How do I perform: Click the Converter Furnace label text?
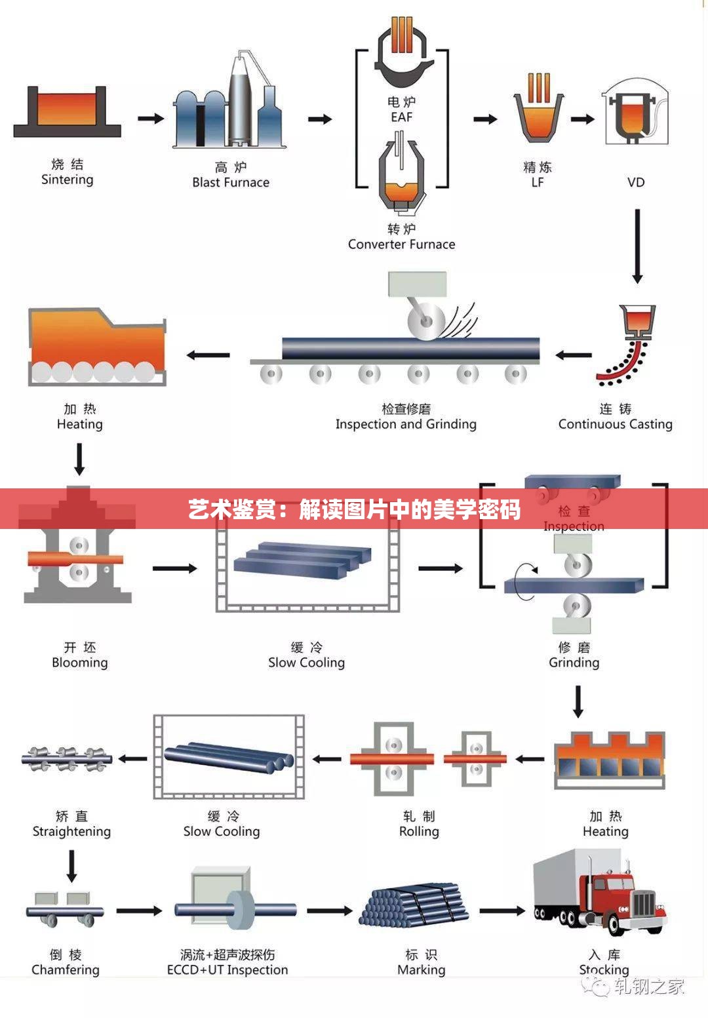click(x=401, y=244)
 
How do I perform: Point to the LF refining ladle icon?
click(x=538, y=108)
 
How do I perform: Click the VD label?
click(x=636, y=182)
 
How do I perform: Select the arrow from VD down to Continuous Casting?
click(x=637, y=246)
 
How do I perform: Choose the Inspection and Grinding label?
click(x=406, y=424)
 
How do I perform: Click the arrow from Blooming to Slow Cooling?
click(x=174, y=568)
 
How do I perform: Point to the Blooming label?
click(x=79, y=662)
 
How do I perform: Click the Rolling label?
click(x=419, y=831)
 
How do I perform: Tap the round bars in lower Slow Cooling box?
click(x=228, y=757)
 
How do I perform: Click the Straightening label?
click(x=71, y=831)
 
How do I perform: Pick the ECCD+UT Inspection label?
click(x=227, y=969)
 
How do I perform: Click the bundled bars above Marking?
click(x=414, y=905)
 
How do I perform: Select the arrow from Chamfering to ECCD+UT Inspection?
click(x=139, y=910)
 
